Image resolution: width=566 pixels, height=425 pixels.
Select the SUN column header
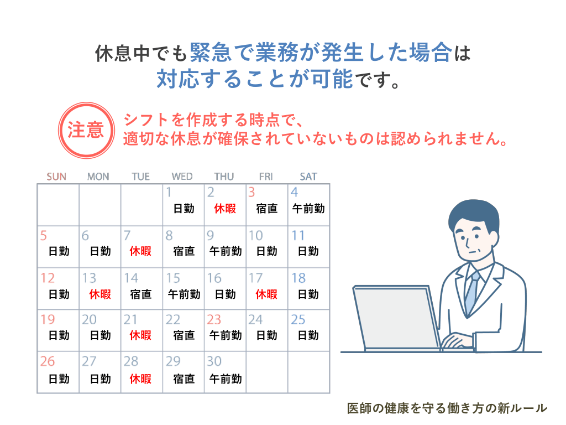click(56, 177)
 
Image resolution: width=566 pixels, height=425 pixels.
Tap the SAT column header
click(308, 177)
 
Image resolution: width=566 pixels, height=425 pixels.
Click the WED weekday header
click(182, 177)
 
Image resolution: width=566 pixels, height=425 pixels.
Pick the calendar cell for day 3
click(267, 205)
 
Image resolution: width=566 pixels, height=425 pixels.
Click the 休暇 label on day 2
click(225, 209)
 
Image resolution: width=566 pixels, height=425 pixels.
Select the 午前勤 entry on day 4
click(308, 209)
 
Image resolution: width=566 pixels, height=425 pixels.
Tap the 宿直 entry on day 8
click(184, 251)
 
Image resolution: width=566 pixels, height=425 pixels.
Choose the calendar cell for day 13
click(100, 288)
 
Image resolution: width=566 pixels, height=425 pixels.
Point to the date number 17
click(255, 278)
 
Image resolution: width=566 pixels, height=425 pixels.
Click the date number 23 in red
click(214, 319)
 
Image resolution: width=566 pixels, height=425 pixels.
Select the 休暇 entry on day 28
click(140, 379)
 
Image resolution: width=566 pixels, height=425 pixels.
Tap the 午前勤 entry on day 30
click(226, 379)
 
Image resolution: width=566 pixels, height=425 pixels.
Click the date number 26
click(48, 361)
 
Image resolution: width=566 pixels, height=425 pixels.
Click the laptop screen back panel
click(395, 317)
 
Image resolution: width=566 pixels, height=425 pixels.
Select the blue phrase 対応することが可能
click(254, 79)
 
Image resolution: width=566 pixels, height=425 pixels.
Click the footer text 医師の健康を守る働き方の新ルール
click(447, 408)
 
